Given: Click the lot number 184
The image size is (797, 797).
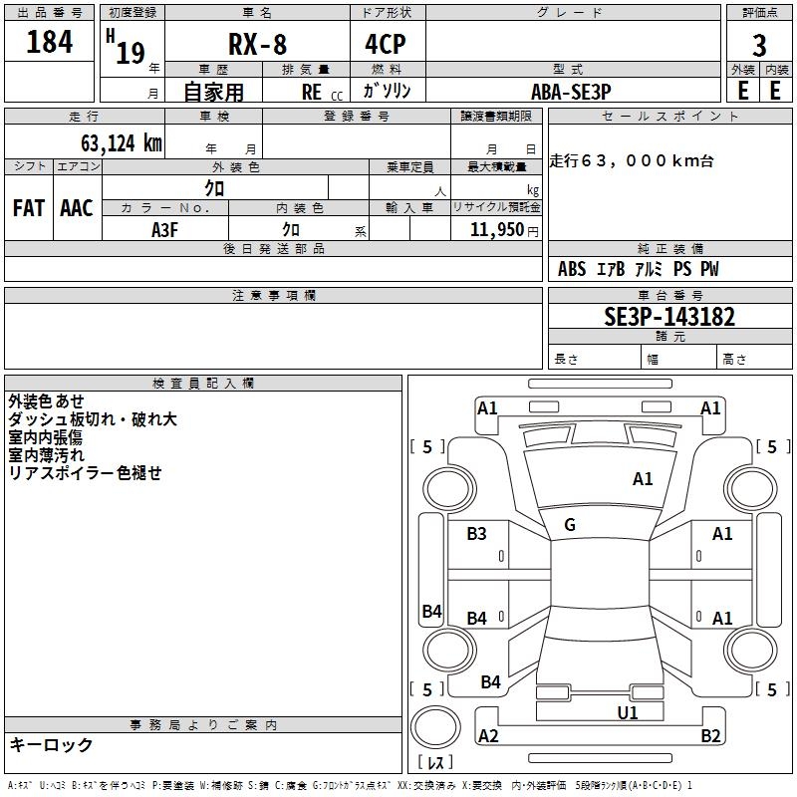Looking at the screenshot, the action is coord(49,41).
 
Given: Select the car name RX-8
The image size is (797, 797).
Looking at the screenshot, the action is coord(258,44).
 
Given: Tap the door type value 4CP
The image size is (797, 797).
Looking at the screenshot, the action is coord(386,44).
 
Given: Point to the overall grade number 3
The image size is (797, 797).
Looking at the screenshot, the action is coord(759,46).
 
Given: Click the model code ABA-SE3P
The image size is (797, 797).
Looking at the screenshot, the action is coord(571,92).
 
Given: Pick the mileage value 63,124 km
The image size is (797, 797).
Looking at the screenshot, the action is coord(121,143).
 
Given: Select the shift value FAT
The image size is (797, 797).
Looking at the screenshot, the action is coord(29,208).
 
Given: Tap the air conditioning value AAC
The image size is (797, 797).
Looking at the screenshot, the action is coord(77,208).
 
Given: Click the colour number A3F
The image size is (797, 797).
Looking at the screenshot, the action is coord(164,230).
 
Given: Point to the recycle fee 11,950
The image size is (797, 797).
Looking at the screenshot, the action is coord(496,230).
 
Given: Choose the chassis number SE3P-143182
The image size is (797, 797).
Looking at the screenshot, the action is coord(669,317).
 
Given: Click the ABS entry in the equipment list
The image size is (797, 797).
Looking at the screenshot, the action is coord(572,269).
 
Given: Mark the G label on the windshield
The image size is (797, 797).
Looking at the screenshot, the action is coord(570,525).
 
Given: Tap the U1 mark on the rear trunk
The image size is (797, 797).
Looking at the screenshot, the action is coord(628,713).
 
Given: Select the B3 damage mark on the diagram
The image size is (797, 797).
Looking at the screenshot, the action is coord(476,534).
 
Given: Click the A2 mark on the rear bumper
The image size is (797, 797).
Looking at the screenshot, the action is coord(488,735).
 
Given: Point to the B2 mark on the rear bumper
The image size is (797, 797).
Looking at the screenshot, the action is coord(710,735).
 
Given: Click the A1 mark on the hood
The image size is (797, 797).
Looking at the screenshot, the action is coord(643,479).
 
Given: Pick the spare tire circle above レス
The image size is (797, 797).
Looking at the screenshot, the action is coord(435,727).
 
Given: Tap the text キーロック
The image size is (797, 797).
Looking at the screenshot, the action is coord(52,744).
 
